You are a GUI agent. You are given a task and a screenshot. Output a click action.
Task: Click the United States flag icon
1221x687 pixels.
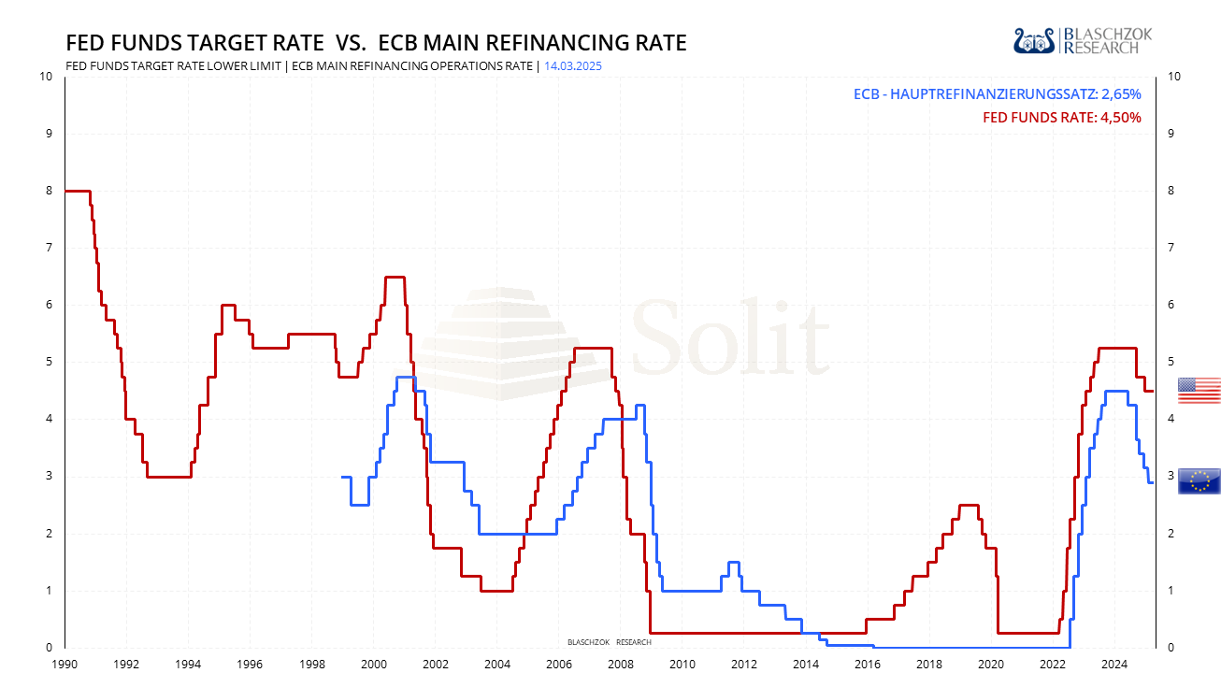[1199, 391]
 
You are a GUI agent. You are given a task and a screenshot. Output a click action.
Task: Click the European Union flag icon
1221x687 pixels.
[1199, 480]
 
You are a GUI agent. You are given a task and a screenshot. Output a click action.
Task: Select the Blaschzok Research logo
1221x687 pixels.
[1083, 40]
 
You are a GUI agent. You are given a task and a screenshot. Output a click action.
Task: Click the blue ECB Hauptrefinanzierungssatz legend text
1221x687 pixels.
[997, 94]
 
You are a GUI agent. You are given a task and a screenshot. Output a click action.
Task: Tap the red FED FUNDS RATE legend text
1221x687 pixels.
[1061, 118]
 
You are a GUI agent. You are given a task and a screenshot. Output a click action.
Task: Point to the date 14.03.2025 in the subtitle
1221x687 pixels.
[567, 66]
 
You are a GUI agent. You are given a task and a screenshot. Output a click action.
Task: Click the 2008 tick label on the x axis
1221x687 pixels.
[620, 665]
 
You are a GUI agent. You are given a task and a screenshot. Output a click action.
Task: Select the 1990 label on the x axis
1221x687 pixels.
[65, 665]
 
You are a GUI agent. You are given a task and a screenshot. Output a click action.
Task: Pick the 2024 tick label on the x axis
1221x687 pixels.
[1113, 665]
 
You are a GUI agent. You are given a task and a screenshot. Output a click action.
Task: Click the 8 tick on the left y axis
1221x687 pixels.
[48, 191]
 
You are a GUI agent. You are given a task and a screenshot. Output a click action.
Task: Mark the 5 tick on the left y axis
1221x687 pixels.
[48, 362]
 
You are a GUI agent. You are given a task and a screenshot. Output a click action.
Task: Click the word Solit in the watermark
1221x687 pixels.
[730, 336]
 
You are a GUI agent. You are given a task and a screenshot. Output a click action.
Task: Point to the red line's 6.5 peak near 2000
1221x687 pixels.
[395, 277]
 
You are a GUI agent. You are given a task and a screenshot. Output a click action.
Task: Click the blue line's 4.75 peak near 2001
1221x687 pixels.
[406, 377]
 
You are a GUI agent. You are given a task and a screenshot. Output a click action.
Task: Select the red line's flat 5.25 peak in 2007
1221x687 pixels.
[592, 348]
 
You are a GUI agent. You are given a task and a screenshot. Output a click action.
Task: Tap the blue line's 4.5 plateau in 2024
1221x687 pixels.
[1115, 392]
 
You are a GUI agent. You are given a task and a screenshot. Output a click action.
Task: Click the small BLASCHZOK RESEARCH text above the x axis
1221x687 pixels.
[609, 642]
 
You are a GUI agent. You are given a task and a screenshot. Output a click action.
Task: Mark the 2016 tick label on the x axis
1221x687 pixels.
[867, 665]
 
